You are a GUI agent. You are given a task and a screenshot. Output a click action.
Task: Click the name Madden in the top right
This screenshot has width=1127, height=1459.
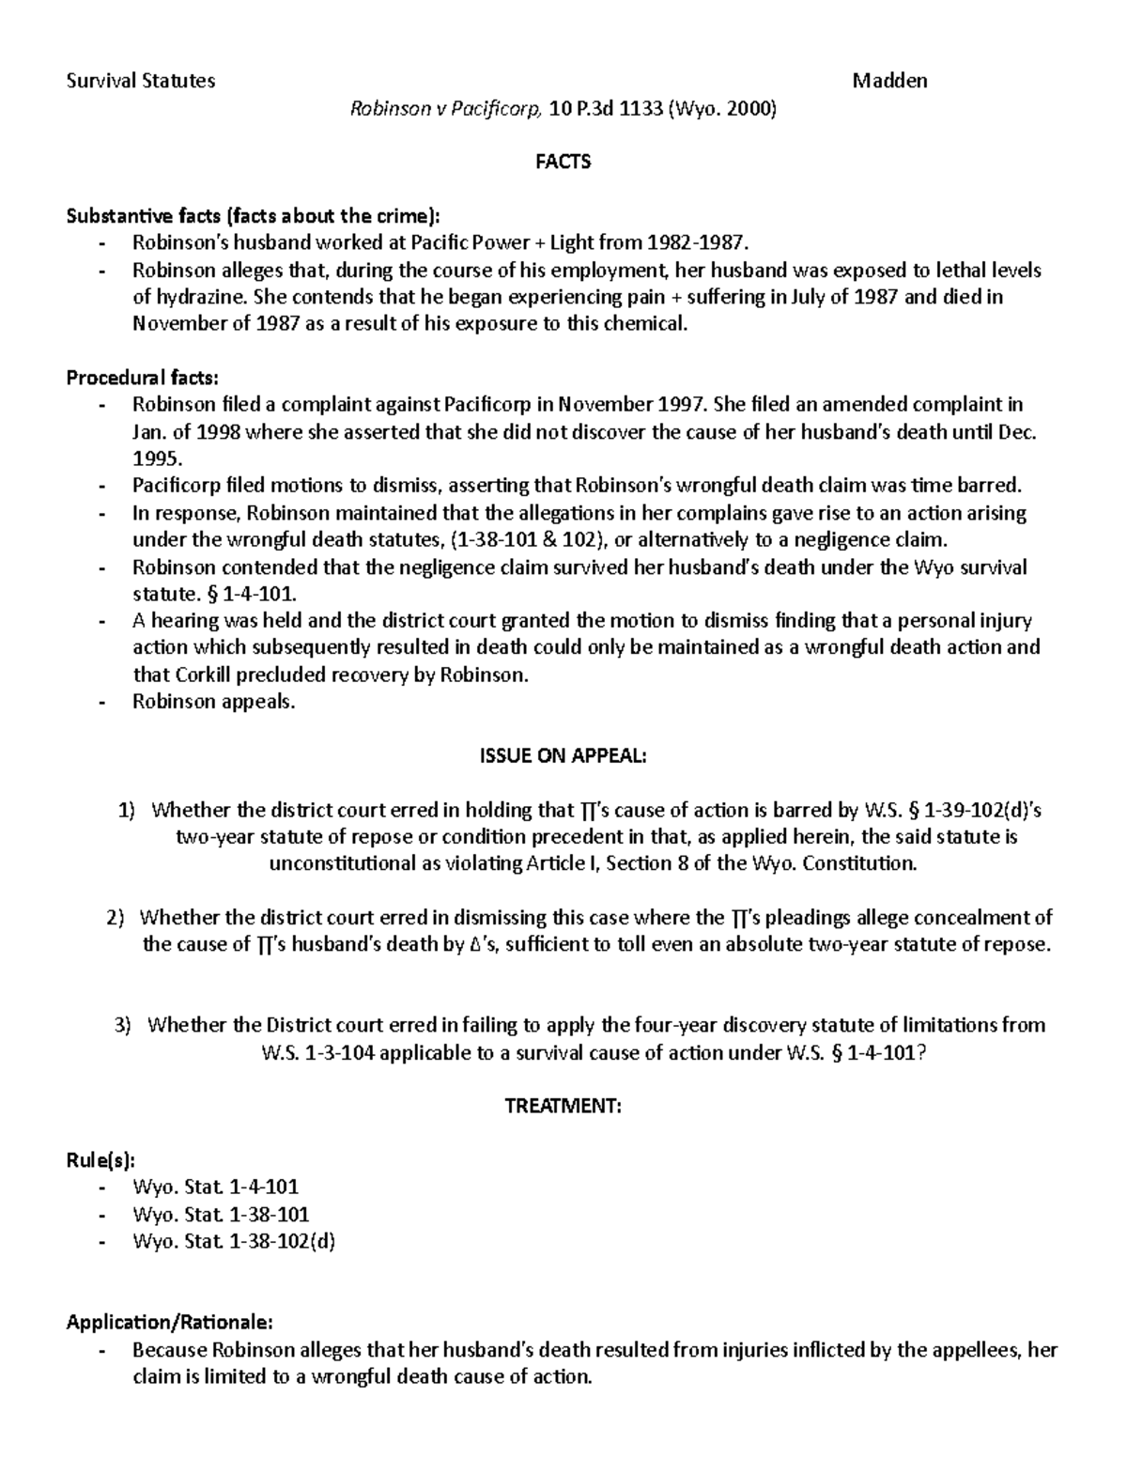click(888, 81)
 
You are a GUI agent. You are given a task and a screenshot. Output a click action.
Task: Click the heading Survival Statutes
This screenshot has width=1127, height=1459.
click(141, 81)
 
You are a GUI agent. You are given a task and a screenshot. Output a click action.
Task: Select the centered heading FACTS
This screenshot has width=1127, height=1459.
click(563, 163)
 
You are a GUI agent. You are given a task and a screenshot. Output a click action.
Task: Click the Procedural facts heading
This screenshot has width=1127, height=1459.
click(142, 378)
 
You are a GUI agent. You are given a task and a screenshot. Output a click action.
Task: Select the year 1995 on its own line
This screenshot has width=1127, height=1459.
click(152, 459)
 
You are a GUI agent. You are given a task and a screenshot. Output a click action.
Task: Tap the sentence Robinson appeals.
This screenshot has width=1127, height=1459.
click(213, 702)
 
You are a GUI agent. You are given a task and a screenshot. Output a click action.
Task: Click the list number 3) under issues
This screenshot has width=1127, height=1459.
click(123, 1025)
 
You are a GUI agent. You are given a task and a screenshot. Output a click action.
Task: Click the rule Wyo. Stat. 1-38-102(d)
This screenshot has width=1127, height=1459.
click(234, 1242)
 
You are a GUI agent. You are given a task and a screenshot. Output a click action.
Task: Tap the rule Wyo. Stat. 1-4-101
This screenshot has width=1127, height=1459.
click(216, 1187)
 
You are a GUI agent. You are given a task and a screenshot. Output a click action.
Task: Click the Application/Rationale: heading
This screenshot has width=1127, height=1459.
click(170, 1323)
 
